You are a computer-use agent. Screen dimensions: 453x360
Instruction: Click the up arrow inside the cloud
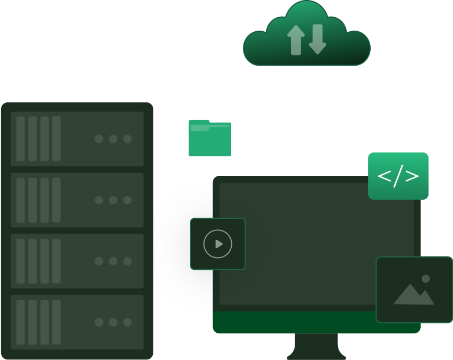296,40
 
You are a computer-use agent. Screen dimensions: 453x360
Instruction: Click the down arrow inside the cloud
317,39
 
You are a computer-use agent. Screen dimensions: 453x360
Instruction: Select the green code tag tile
398,176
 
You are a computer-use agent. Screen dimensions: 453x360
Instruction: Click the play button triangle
219,244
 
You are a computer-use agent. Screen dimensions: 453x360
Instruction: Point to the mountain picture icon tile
414,289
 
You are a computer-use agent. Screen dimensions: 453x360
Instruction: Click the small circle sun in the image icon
426,279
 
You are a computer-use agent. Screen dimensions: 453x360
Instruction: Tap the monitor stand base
316,352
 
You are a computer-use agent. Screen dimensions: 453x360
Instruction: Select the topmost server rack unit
77,139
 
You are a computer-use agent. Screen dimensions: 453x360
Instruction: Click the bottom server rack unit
77,322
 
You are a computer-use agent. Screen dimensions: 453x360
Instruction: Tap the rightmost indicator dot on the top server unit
127,139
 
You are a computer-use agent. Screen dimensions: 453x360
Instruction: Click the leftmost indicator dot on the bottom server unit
99,322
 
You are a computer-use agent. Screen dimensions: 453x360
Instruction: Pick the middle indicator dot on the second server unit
113,200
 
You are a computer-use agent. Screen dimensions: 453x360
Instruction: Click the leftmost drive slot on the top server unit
21,139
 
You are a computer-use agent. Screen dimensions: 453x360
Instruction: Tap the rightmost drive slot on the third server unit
56,261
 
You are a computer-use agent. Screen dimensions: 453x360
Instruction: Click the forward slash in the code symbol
398,176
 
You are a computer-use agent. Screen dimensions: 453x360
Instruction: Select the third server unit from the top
77,261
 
